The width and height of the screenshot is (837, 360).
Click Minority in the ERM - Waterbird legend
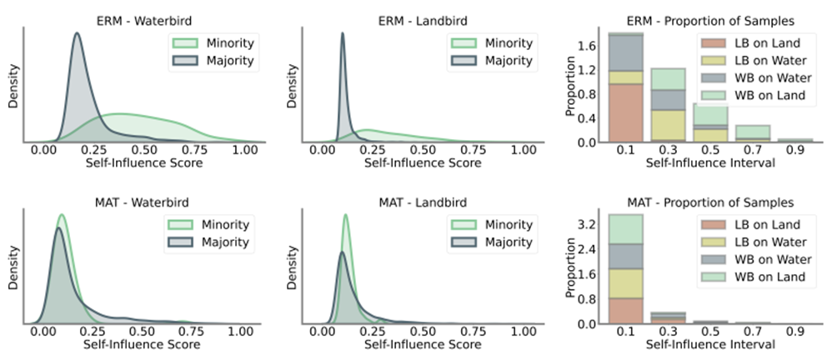pos(228,42)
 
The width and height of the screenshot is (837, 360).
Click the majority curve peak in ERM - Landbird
pos(342,35)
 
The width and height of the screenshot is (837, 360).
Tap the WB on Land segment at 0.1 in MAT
pos(625,229)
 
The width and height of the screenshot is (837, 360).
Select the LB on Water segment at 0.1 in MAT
pos(625,283)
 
